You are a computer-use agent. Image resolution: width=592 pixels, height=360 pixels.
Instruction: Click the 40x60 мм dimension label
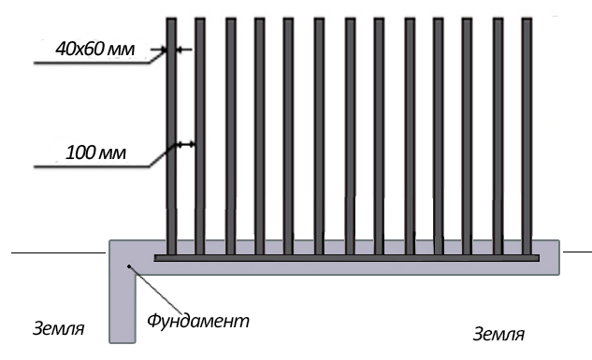tap(94, 49)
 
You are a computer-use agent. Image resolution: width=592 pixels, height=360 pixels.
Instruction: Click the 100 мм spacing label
tap(95, 152)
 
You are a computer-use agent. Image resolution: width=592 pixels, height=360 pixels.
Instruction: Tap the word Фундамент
tap(198, 321)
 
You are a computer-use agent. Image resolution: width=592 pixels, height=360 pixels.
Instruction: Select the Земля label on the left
tap(59, 329)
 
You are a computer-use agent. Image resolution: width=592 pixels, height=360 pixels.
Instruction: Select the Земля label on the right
tap(498, 335)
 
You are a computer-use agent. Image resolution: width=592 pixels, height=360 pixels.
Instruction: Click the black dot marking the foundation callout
tap(129, 266)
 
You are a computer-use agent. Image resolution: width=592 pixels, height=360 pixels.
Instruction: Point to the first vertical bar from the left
tap(171, 136)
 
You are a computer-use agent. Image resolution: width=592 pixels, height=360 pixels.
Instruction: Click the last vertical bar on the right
tap(527, 136)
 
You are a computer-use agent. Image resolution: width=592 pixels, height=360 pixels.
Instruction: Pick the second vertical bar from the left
tap(200, 136)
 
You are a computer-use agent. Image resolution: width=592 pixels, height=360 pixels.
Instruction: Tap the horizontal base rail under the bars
tap(347, 258)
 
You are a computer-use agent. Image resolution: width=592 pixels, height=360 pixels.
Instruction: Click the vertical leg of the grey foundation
tap(123, 308)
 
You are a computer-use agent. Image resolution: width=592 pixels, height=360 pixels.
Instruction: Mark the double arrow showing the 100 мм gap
tap(186, 144)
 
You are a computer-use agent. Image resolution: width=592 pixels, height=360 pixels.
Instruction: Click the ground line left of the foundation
tap(59, 252)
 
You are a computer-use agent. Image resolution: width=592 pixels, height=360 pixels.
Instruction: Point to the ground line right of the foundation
tap(577, 251)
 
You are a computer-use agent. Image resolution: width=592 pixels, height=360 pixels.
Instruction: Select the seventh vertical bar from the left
tap(350, 136)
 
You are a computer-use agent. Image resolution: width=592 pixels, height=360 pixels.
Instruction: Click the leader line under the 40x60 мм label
tap(100, 60)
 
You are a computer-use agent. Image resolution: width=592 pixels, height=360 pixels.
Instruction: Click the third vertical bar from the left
tap(231, 136)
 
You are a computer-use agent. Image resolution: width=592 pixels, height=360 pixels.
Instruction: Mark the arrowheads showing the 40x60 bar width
tap(171, 49)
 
